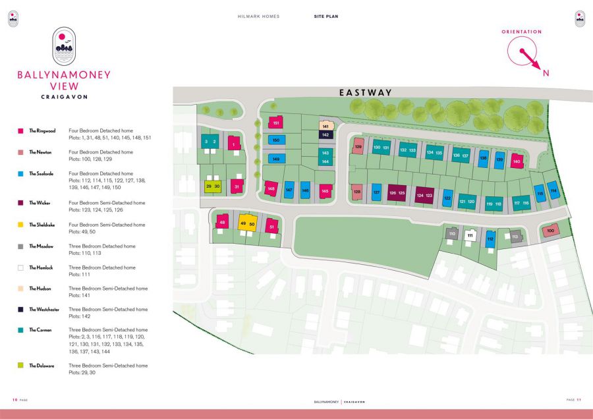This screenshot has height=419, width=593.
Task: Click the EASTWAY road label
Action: [366, 93]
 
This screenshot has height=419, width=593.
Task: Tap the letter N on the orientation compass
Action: [546, 73]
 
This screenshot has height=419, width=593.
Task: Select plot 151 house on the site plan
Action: [276, 123]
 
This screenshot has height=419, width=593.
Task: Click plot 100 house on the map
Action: [551, 230]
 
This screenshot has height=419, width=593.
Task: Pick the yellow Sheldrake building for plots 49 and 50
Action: [247, 223]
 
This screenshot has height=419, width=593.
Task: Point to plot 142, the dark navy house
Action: [325, 134]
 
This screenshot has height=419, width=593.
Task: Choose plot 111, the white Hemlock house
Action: [470, 235]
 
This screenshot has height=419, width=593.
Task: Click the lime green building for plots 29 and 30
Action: [212, 186]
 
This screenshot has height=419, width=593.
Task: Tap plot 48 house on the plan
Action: [223, 223]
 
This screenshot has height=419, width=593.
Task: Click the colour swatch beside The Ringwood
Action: [20, 131]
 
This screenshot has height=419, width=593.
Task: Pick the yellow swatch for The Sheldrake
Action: [20, 225]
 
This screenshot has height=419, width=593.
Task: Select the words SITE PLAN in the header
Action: [326, 16]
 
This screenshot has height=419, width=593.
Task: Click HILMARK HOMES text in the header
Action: [258, 16]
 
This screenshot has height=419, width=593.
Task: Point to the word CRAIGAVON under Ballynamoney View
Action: [64, 97]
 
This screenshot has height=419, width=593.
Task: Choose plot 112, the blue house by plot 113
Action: [490, 240]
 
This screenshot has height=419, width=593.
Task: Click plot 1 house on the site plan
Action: [233, 144]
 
